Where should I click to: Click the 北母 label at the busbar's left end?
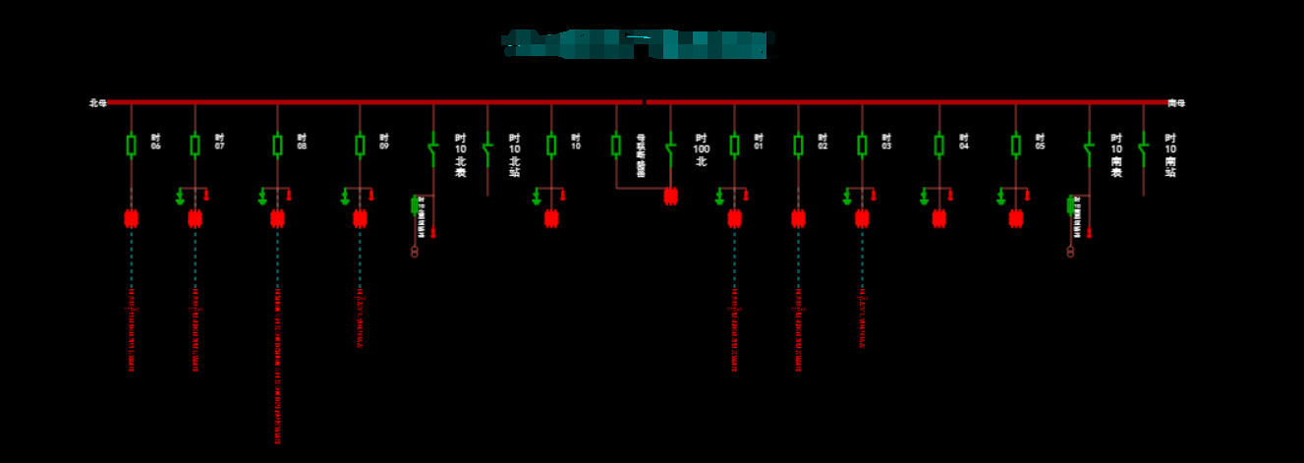pyautogui.click(x=97, y=102)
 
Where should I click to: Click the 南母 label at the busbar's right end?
pyautogui.click(x=1176, y=102)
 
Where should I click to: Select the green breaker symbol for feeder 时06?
pyautogui.click(x=131, y=145)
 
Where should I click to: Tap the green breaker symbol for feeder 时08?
pyautogui.click(x=277, y=145)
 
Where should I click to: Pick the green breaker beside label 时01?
pyautogui.click(x=734, y=145)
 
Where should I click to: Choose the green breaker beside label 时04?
pyautogui.click(x=938, y=145)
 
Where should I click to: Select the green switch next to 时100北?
pyautogui.click(x=670, y=150)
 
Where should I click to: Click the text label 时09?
pyautogui.click(x=384, y=142)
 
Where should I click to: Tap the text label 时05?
pyautogui.click(x=1040, y=142)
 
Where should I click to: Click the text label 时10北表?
pyautogui.click(x=460, y=155)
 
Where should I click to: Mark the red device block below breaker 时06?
pyautogui.click(x=131, y=218)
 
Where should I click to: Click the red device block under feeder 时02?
pyautogui.click(x=798, y=218)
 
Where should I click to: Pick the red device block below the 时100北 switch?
pyautogui.click(x=670, y=197)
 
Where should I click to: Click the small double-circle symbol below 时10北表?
pyautogui.click(x=414, y=253)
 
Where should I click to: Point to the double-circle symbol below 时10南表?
pyautogui.click(x=1070, y=252)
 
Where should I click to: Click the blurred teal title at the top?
pyautogui.click(x=639, y=43)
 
